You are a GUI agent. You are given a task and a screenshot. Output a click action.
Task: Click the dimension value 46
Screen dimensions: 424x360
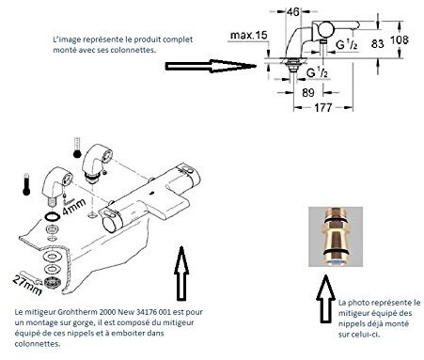coord(293,12)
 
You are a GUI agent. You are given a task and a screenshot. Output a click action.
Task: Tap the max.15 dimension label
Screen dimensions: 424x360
coord(249,35)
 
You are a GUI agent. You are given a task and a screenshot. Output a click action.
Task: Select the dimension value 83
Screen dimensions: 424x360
coord(377,43)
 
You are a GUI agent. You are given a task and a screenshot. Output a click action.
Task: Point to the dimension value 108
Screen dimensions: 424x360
coord(400,39)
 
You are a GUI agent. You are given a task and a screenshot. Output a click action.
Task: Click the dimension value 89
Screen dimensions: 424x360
coord(308,92)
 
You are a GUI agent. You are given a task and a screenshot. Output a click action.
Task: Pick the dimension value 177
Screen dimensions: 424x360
coord(322,108)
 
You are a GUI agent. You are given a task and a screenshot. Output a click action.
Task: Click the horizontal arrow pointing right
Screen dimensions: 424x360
coord(211,66)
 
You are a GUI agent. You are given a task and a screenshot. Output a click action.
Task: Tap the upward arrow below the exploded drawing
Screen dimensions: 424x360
coord(181,274)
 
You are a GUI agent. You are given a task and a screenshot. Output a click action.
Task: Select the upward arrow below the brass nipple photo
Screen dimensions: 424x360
coord(325,299)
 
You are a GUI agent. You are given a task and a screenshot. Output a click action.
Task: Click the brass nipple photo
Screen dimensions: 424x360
coord(336,237)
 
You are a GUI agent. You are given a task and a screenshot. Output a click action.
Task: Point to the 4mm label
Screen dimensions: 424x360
coord(74,207)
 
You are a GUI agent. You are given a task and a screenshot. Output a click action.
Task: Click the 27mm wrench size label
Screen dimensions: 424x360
coord(27,285)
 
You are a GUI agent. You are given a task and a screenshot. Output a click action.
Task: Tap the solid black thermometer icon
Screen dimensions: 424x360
coord(26,184)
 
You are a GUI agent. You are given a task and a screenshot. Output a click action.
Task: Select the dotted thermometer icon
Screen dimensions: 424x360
coord(77,148)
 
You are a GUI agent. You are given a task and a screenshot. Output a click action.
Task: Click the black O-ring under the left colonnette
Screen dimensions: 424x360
coord(52,216)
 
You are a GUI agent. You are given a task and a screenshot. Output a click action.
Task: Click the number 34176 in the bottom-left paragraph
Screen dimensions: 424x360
coord(147,312)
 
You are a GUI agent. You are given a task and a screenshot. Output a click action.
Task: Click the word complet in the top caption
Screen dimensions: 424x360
coord(178,39)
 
